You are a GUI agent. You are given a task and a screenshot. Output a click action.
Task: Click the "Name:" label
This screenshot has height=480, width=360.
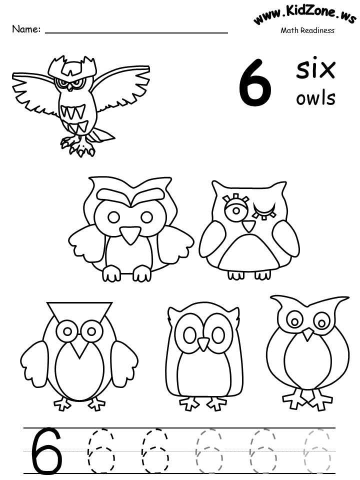(x=26, y=29)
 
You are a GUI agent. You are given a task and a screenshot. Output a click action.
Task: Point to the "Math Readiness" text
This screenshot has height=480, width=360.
(x=307, y=30)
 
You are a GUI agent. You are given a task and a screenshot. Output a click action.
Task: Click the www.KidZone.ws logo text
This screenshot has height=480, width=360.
(x=304, y=14)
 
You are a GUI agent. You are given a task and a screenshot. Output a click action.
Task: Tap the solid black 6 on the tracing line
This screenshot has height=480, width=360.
(x=46, y=451)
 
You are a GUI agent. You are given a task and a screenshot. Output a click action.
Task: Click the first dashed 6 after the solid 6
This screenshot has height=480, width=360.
(x=101, y=451)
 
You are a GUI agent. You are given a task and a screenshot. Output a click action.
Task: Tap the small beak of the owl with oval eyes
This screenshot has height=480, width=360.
(x=202, y=344)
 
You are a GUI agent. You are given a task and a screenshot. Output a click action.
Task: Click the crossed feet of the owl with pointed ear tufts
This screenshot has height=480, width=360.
(x=307, y=399)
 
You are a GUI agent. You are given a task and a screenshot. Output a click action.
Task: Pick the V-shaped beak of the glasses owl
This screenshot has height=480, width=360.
(x=79, y=349)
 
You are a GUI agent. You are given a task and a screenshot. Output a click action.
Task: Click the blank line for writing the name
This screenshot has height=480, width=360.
(x=136, y=32)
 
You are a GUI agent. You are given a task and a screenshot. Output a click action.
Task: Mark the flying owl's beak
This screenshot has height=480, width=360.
(x=70, y=88)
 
